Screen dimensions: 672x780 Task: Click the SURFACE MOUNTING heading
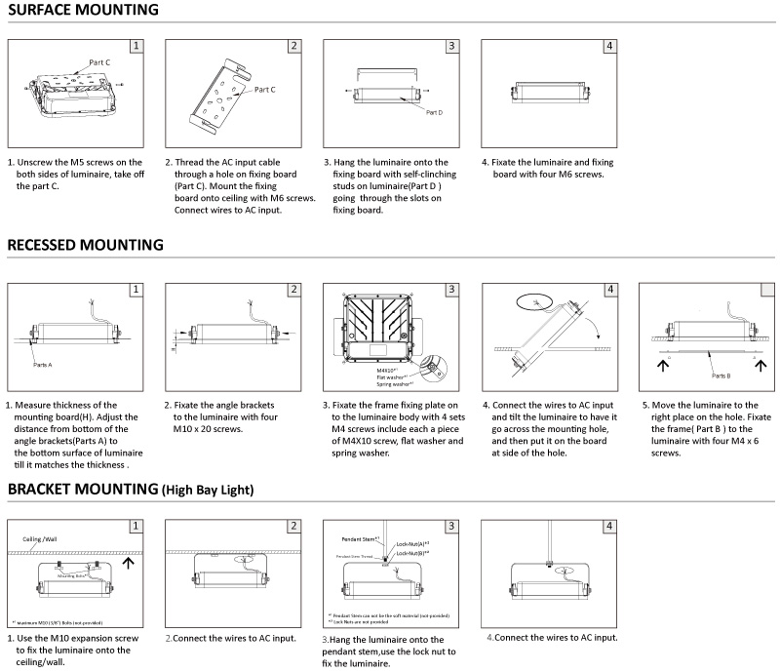[x=83, y=11]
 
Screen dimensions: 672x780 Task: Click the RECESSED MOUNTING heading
[x=85, y=245]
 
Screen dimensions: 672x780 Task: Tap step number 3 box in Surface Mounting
[x=451, y=46]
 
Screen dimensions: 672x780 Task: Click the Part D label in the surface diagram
[x=434, y=112]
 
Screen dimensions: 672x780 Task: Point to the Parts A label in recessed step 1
[x=42, y=364]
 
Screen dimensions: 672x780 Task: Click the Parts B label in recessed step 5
[x=721, y=375]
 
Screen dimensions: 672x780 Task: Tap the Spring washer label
[x=395, y=384]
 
